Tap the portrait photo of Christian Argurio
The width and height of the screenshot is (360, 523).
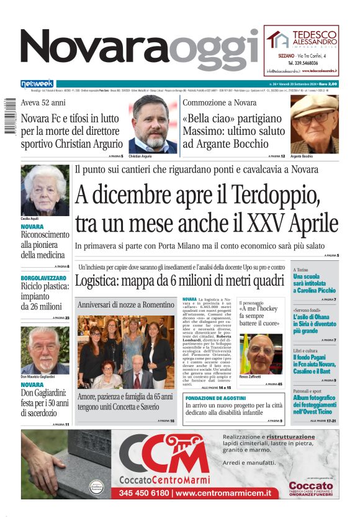pos(152,124)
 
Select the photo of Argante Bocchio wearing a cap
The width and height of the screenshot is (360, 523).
pos(315,124)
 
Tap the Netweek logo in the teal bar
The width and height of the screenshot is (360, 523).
pos(37,84)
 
